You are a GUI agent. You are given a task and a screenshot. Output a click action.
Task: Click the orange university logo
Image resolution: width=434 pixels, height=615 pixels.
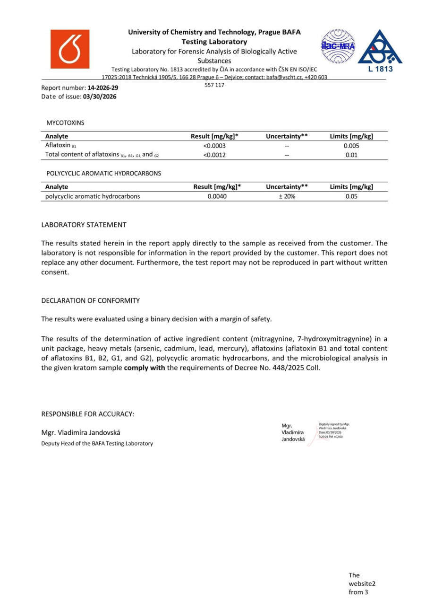coord(69,49)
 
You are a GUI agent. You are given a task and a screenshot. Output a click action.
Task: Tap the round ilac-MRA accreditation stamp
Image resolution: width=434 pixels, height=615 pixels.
coord(338,46)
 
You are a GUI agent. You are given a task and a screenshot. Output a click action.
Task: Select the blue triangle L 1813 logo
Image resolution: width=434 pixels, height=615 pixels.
coord(380,49)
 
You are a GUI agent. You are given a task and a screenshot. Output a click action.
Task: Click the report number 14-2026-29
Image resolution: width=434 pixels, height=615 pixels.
coord(103,88)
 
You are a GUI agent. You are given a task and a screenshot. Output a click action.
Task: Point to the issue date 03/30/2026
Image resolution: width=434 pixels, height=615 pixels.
coord(100,97)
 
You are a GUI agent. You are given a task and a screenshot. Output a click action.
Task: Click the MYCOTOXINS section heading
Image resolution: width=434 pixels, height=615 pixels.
coord(65,123)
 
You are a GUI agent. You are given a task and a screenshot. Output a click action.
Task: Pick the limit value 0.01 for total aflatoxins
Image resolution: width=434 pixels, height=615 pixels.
coord(351,155)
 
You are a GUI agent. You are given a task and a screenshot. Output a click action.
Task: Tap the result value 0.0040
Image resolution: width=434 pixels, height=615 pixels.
coord(217,196)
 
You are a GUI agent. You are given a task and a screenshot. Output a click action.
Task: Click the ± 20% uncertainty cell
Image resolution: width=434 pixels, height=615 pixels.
coord(287,196)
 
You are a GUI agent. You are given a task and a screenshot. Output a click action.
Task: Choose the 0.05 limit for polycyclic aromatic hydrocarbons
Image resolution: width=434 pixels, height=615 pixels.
coord(351,196)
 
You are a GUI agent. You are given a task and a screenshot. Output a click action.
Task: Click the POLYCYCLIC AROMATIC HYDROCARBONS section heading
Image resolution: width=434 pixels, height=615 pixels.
coord(103,173)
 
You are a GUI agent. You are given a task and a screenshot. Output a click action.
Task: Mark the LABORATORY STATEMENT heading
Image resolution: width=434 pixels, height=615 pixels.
coord(84,225)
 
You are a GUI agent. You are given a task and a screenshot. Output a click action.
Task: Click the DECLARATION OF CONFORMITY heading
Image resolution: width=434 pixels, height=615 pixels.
coord(90,300)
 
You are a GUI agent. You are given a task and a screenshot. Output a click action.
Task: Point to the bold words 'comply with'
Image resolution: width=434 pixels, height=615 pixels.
coord(144,367)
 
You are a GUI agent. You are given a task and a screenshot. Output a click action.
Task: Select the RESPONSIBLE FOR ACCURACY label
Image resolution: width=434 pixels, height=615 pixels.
coord(88,414)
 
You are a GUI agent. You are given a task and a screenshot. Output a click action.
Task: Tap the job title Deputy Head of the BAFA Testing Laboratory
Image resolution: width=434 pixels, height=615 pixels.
coord(97,443)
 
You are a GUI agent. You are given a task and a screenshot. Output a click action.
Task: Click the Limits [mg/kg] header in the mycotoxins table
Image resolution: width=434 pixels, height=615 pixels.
coord(351,136)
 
